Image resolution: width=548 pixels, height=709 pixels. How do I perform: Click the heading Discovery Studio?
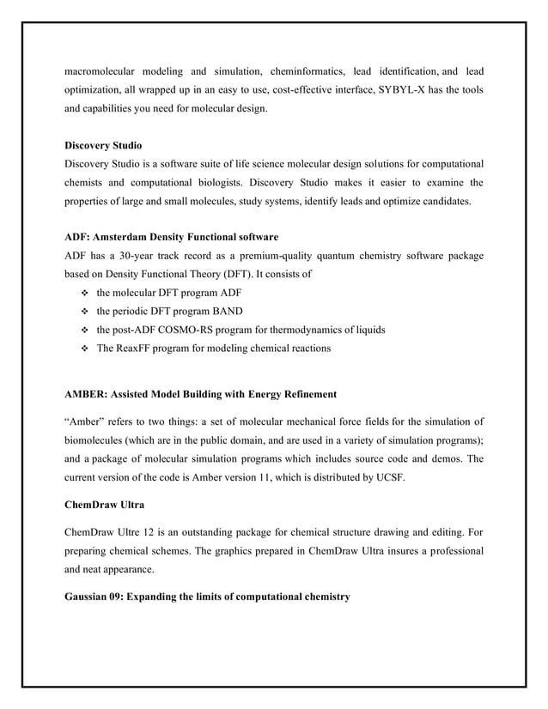click(104, 145)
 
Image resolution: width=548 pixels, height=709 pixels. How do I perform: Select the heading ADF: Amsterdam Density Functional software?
click(172, 236)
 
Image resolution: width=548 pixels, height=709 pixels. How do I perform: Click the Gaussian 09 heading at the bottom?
click(207, 597)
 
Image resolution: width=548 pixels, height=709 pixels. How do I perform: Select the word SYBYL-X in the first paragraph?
click(401, 90)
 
